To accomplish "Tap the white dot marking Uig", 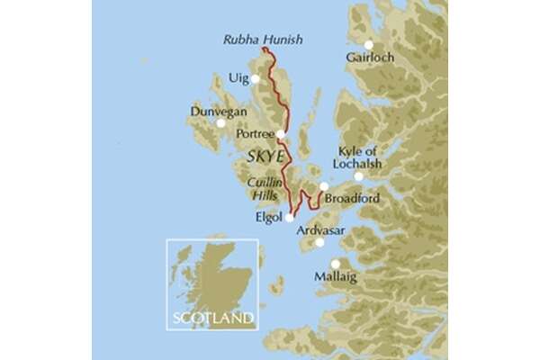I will coord(256,79).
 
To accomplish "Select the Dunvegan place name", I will coord(215,112).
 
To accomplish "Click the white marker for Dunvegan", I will coord(221,123).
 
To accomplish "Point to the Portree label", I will coord(253,134).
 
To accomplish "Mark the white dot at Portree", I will coord(281,134).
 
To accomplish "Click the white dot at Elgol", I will coord(289,217).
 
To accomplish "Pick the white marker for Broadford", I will coord(324,187).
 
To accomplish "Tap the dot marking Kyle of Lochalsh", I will coord(358,176).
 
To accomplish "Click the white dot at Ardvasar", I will coord(321,244).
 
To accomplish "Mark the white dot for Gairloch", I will coord(368,45).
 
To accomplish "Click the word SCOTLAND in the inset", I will coord(212,318).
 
